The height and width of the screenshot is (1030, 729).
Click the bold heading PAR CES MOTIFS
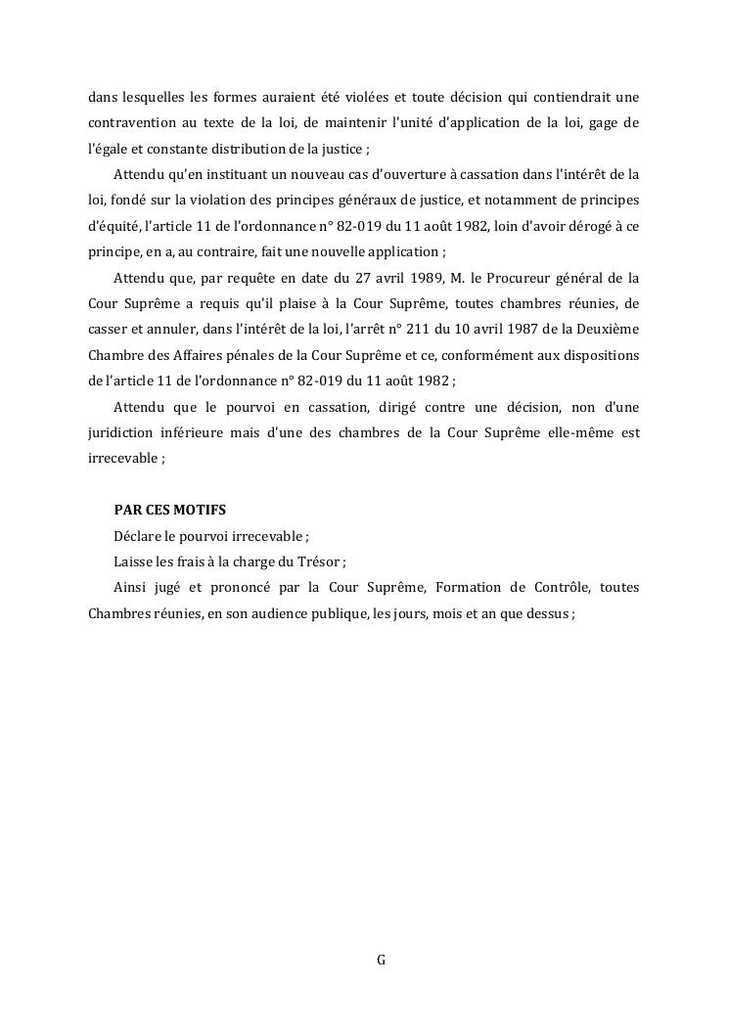pyautogui.click(x=169, y=511)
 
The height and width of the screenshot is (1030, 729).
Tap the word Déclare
pyautogui.click(x=136, y=536)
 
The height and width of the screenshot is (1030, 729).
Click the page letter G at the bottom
pyautogui.click(x=381, y=961)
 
